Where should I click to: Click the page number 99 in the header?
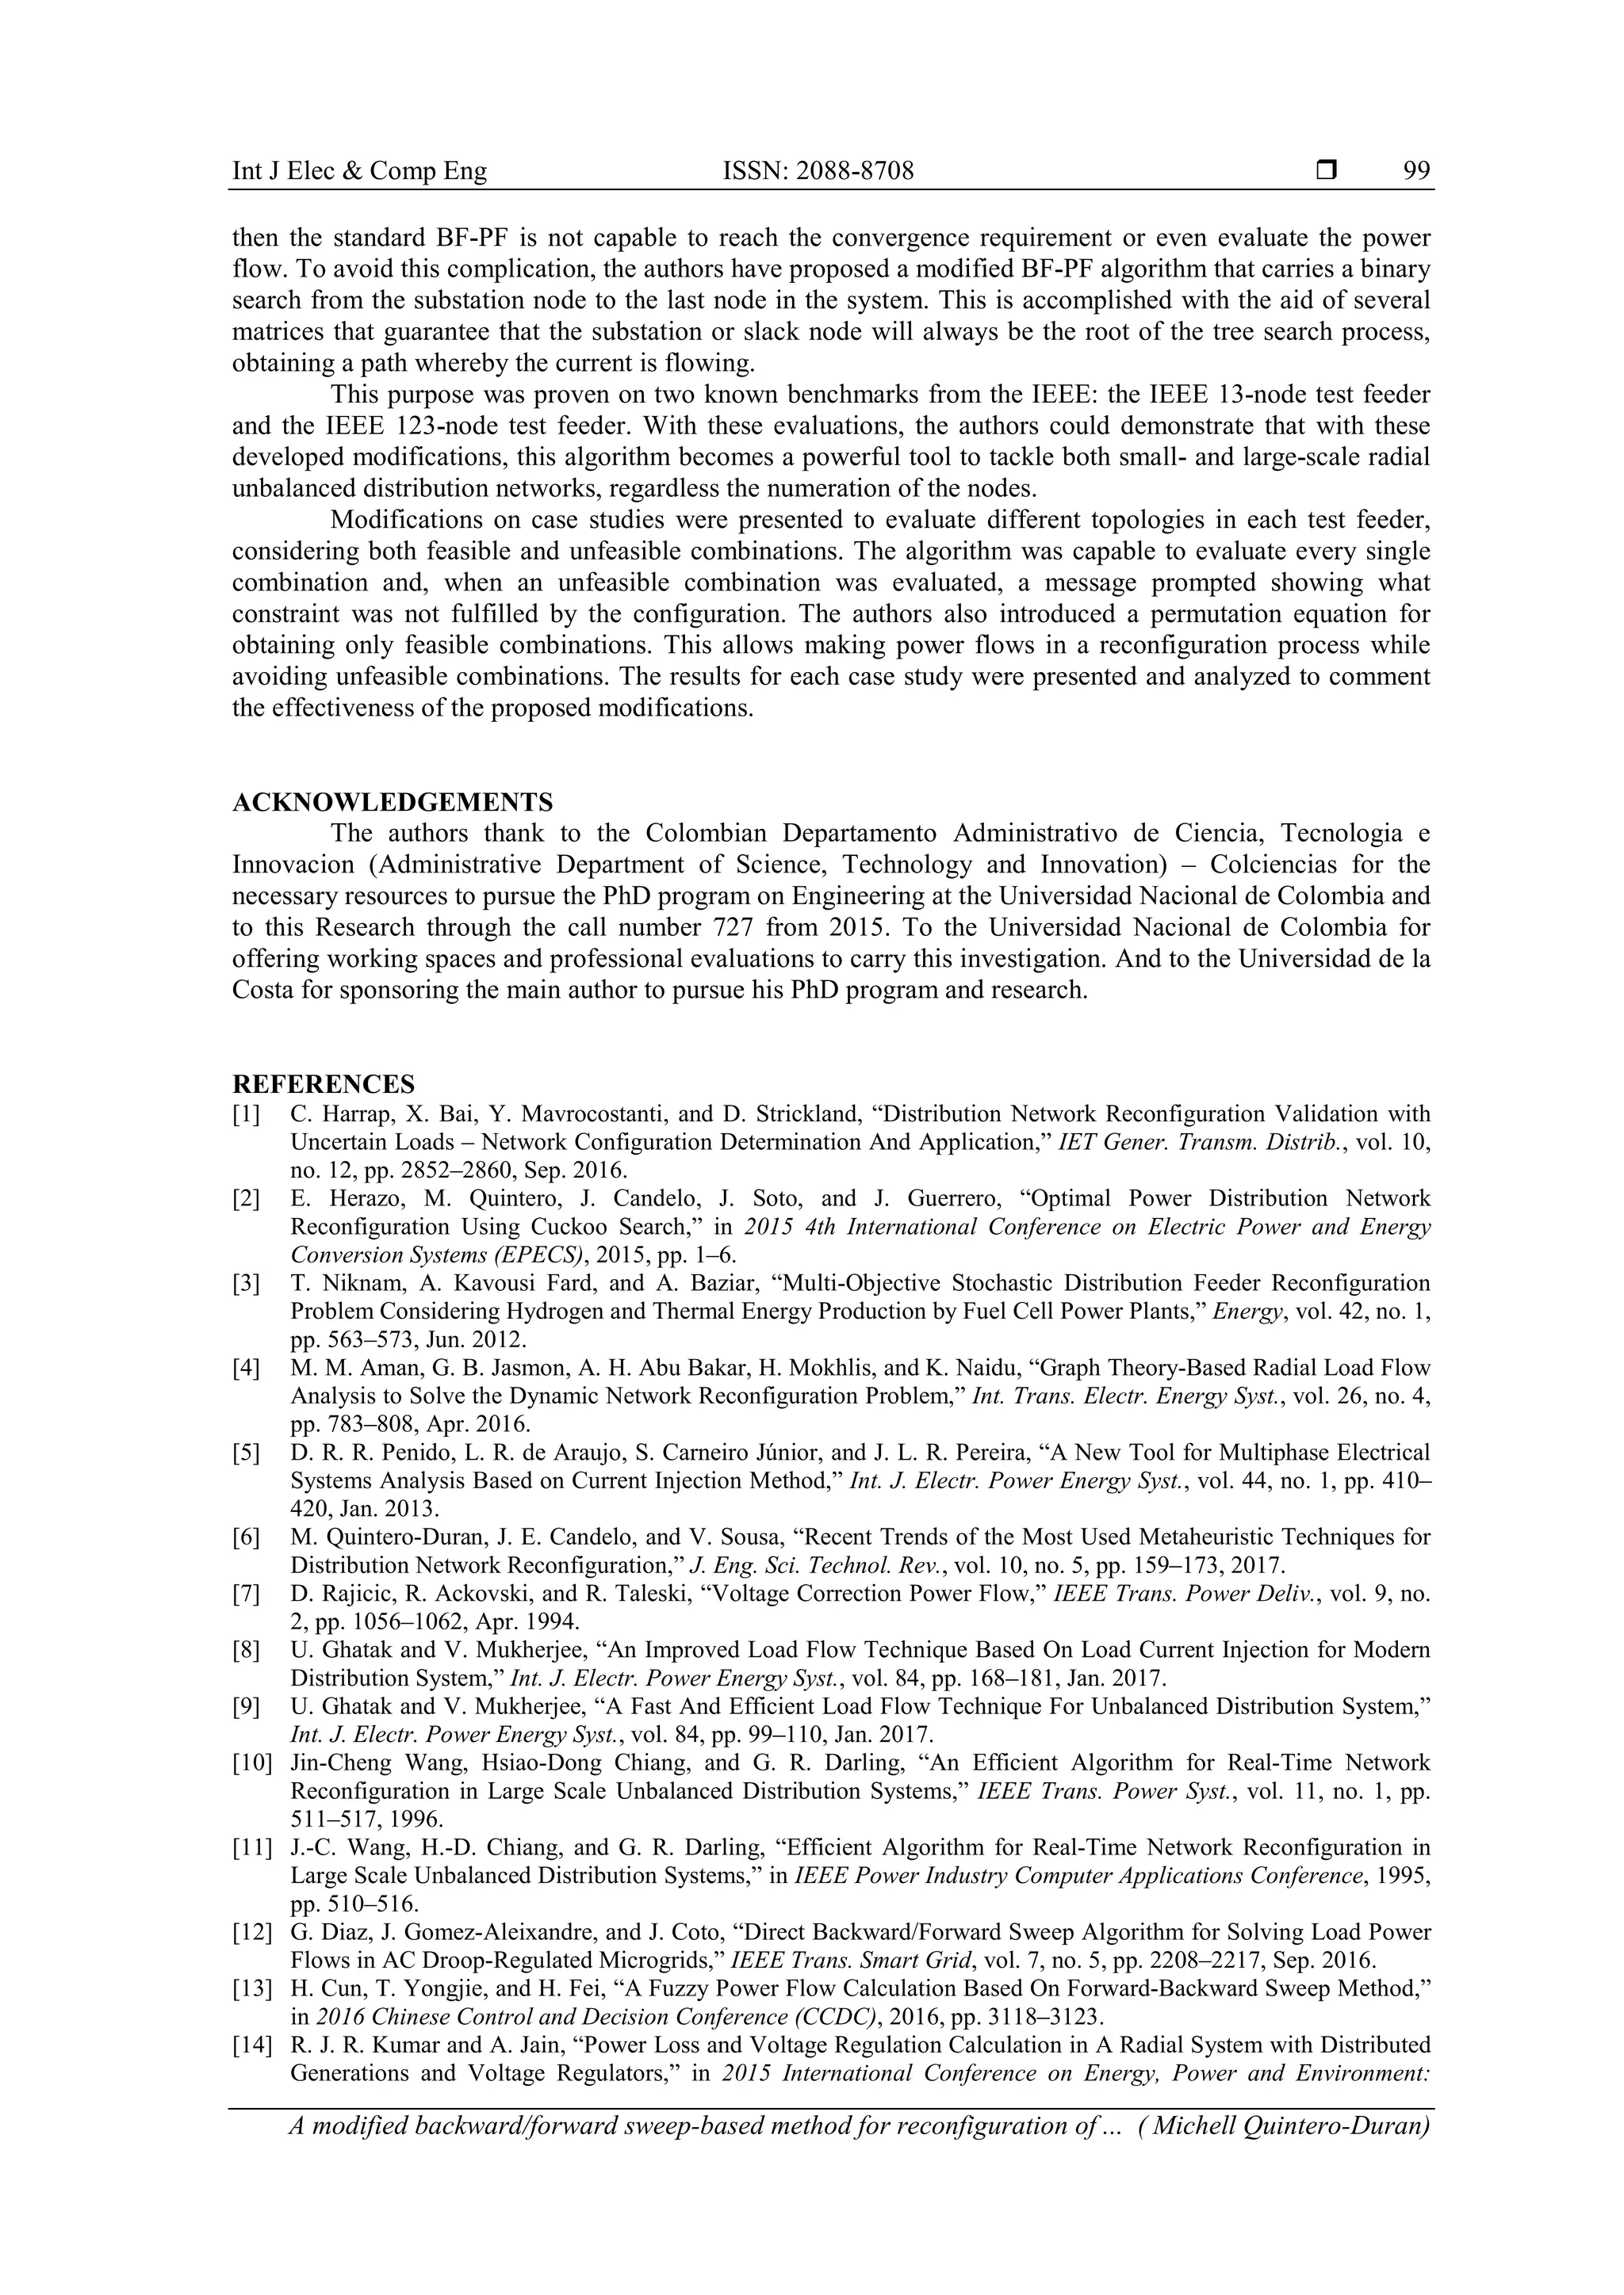1416,171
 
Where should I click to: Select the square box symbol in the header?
1327,171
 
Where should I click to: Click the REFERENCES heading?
323,1085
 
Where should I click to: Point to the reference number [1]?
246,1114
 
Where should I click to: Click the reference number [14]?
251,2045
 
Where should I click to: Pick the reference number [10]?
251,1763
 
